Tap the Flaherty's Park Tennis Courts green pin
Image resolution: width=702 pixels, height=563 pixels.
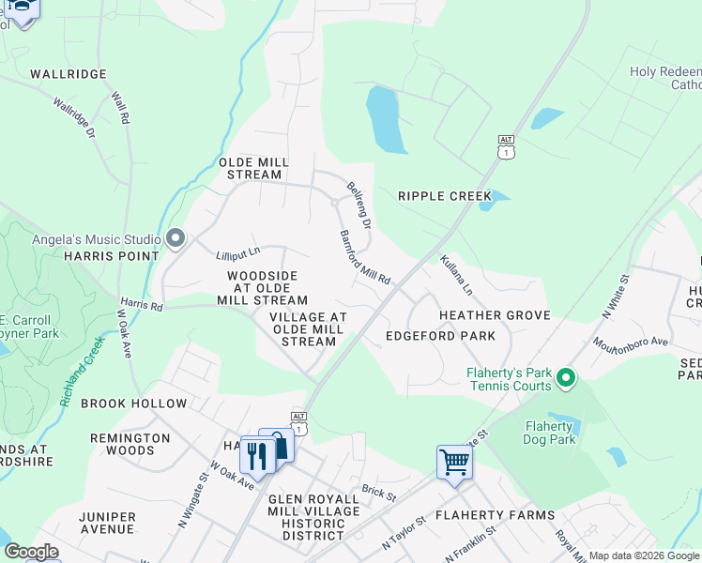coord(565,378)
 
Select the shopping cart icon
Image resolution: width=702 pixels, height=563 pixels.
coord(454,462)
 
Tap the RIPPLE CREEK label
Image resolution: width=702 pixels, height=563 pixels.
coord(444,196)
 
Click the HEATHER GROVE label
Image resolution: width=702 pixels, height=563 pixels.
coord(494,316)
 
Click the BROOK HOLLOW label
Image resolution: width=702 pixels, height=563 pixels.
coord(134,403)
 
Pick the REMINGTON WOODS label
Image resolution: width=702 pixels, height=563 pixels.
coord(130,444)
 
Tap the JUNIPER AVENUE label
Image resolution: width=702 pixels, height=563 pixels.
coord(107,523)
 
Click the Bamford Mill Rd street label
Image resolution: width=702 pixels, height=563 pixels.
coord(364,258)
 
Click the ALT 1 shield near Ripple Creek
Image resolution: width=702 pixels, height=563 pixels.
coord(507,146)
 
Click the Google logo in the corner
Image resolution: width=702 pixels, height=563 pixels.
coord(31,552)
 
